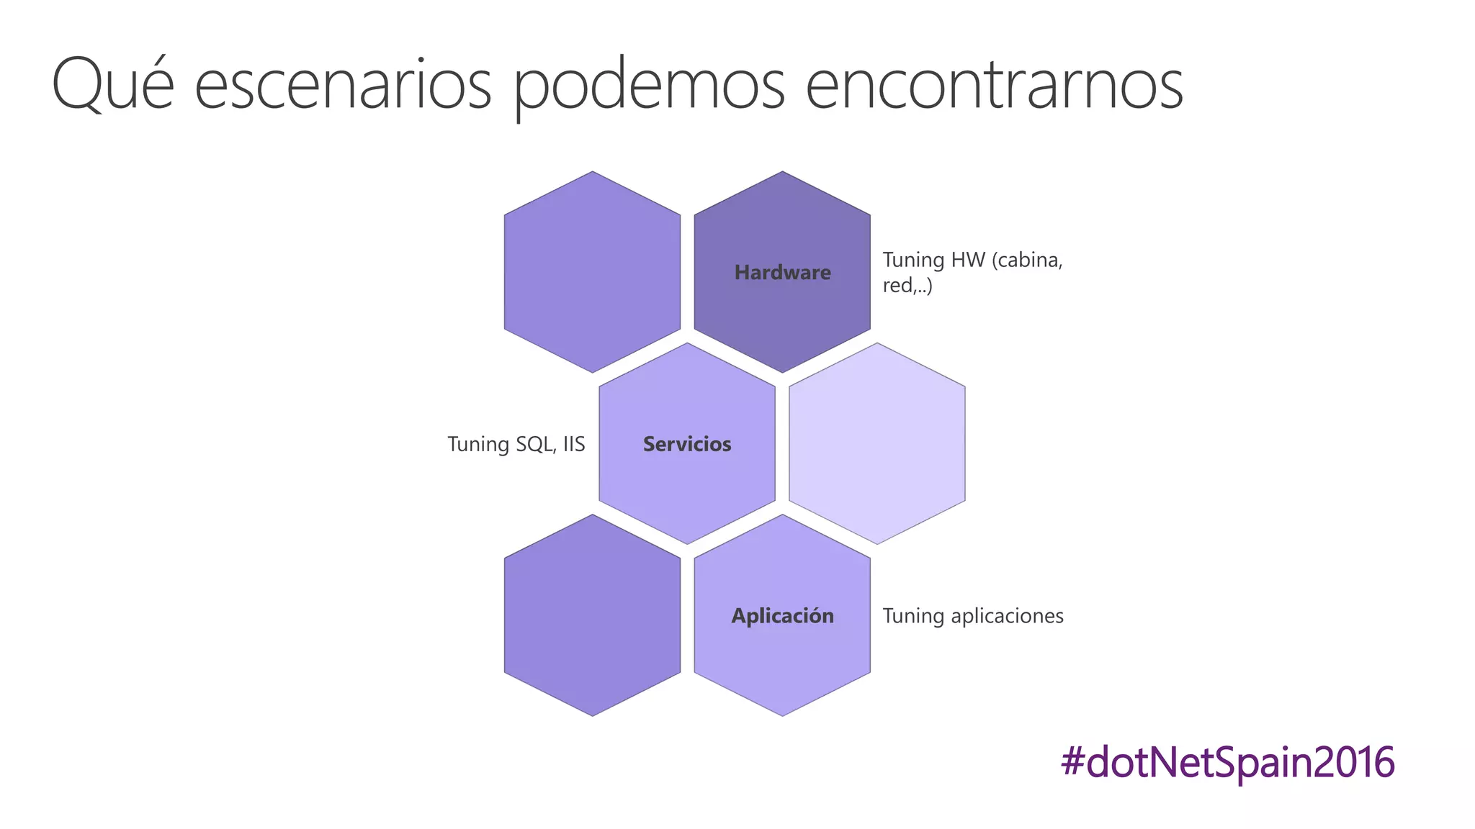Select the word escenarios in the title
point(343,85)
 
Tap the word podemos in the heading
point(650,85)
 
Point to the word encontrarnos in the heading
point(994,85)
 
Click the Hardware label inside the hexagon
point(782,273)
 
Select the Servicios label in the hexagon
point(687,444)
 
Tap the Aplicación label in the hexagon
point(782,616)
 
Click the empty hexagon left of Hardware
point(592,272)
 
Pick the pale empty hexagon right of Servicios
point(877,443)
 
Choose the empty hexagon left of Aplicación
point(592,615)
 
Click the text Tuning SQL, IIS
point(516,444)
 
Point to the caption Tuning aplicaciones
point(973,616)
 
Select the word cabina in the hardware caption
point(1027,260)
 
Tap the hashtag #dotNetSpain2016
point(1227,762)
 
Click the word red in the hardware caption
point(897,286)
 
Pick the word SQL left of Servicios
point(535,444)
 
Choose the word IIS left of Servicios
point(574,444)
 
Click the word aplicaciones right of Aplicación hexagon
point(1007,616)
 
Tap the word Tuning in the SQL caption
point(478,444)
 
